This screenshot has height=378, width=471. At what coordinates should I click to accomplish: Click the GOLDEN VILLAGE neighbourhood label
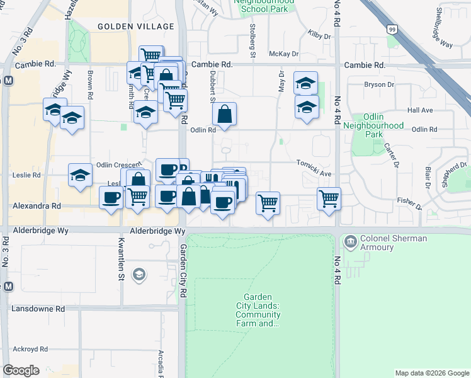tap(135, 26)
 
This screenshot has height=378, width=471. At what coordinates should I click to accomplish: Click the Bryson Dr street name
tap(379, 84)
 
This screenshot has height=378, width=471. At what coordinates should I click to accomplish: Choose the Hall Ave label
tap(420, 110)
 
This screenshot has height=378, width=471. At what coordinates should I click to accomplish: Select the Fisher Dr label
tap(410, 202)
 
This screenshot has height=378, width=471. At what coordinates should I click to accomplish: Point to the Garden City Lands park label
tap(259, 311)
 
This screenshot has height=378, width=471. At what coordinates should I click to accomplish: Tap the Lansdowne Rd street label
tap(38, 309)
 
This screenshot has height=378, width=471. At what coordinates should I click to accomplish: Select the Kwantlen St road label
tap(122, 259)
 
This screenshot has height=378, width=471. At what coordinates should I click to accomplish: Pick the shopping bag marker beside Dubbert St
tap(224, 115)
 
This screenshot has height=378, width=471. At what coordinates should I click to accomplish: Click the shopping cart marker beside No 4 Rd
tap(329, 199)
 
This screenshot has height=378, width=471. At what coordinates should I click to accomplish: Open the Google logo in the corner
tap(21, 370)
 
